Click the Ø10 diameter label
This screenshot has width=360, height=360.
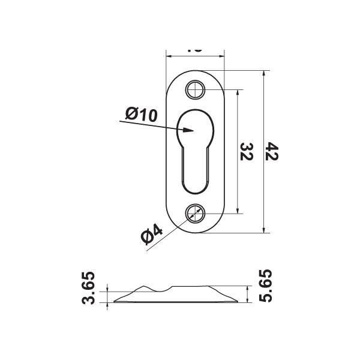(142, 114)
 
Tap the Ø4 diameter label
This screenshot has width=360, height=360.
(152, 234)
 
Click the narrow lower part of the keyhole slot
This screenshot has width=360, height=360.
(195, 171)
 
